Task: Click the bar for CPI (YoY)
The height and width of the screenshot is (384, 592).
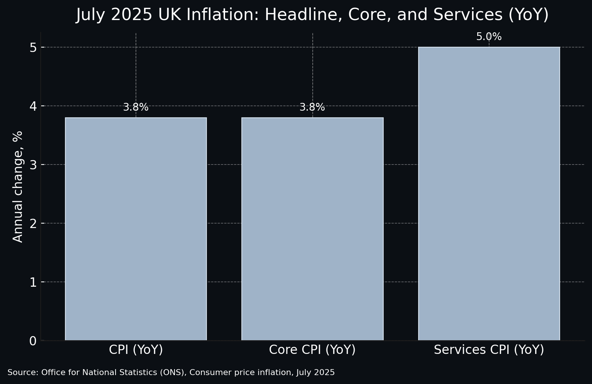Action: click(136, 229)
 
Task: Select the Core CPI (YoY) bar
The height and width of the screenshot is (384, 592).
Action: click(312, 229)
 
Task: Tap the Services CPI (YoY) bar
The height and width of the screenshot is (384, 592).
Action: click(489, 193)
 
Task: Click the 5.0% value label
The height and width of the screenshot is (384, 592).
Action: click(489, 37)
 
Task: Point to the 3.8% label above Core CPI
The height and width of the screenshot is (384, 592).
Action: click(312, 107)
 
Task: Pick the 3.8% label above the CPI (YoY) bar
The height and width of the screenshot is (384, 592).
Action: click(136, 107)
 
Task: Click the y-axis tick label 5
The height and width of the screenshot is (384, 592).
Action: click(33, 48)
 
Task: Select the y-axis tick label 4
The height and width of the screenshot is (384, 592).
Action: click(33, 106)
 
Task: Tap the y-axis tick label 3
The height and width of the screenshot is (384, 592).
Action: click(33, 165)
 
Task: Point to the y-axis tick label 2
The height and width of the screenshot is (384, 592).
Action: click(33, 224)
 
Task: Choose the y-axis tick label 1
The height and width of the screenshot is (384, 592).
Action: click(33, 282)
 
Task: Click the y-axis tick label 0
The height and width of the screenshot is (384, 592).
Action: click(33, 341)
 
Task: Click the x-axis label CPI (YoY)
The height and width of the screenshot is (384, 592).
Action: click(136, 350)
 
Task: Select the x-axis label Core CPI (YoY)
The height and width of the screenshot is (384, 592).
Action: click(312, 350)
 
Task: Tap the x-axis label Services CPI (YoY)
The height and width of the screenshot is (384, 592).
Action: click(489, 350)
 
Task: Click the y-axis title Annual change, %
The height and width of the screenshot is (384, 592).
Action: click(18, 186)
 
